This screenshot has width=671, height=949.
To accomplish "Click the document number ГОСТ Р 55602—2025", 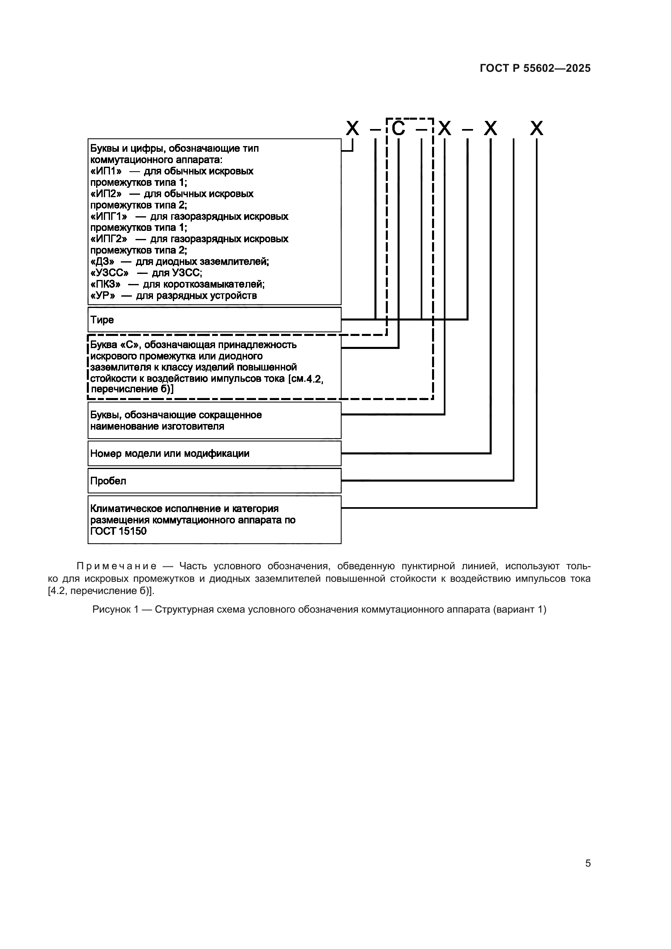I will point(535,68).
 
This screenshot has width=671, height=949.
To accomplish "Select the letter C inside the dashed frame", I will point(398,129).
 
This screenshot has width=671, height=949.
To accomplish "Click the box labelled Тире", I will point(214,319).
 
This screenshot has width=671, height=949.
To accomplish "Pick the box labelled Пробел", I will point(214,481).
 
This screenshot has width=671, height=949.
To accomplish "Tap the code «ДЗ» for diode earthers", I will point(103,262).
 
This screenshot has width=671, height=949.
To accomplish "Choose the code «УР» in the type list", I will point(103,295).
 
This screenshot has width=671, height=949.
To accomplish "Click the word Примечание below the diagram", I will point(116,566).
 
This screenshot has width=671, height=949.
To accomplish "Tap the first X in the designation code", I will point(352,129).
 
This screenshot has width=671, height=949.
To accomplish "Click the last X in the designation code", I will point(536,129).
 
